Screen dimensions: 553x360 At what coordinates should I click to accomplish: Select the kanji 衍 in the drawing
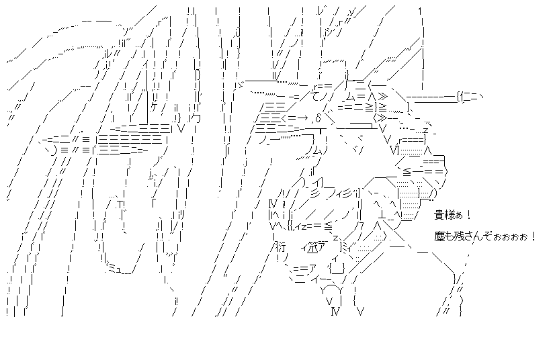pyautogui.click(x=280, y=246)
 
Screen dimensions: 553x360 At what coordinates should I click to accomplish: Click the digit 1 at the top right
pyautogui.click(x=419, y=10)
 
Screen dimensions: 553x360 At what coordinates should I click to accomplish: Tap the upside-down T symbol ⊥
pyautogui.click(x=382, y=215)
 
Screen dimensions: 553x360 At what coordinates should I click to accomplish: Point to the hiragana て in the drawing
pyautogui.click(x=318, y=96)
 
